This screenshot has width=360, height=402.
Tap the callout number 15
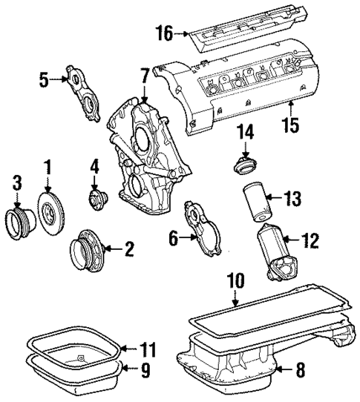pos(291,124)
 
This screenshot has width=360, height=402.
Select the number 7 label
pos(144,75)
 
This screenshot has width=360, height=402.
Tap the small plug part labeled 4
pos(97,199)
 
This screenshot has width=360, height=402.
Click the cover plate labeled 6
pos(201,229)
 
